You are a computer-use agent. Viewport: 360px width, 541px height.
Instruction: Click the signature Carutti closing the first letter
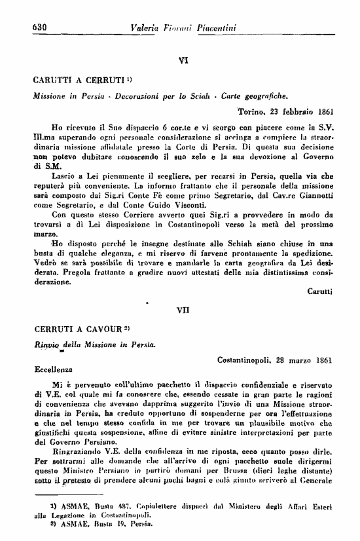point(320,291)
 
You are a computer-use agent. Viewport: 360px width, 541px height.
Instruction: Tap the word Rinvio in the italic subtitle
point(46,344)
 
